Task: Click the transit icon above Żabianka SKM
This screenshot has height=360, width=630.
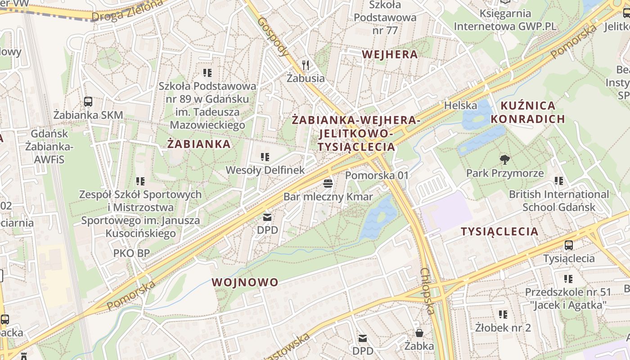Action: tap(88, 102)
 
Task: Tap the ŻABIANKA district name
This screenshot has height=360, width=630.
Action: tap(199, 144)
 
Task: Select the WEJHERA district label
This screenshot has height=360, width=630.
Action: tap(390, 54)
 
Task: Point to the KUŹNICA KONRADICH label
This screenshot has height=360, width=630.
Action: tap(527, 112)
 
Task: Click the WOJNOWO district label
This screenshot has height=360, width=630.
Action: tap(245, 282)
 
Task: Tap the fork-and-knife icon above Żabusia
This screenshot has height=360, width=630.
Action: tap(306, 65)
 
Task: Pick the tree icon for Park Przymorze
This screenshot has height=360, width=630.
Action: tap(505, 159)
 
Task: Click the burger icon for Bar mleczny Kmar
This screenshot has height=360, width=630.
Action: tap(328, 184)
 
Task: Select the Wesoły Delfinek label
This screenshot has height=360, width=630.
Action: tap(265, 170)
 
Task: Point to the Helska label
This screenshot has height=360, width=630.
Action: tap(460, 105)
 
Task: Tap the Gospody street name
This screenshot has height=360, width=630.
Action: tap(273, 36)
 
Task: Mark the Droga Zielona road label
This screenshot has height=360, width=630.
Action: tap(127, 11)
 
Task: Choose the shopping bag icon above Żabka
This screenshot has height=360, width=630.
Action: tap(419, 333)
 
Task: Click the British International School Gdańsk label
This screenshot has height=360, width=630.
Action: tap(558, 201)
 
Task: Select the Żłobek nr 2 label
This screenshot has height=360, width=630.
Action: tap(503, 328)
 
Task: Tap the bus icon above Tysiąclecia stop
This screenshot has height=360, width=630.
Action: tap(569, 245)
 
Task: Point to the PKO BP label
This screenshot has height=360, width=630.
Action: tap(131, 253)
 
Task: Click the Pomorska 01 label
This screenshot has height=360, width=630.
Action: tap(377, 175)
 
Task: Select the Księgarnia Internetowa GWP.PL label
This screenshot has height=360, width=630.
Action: tap(505, 20)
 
